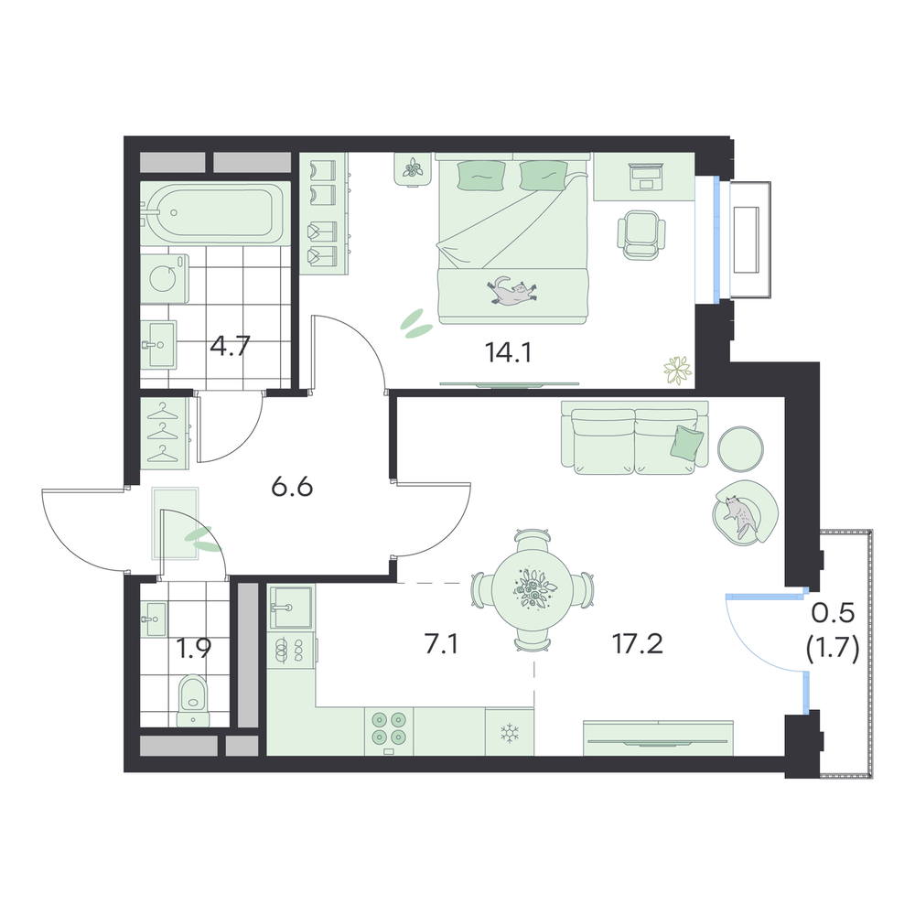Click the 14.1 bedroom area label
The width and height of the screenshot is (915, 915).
click(x=508, y=352)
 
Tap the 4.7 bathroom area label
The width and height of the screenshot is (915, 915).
click(x=230, y=347)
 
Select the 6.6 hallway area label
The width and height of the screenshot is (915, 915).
click(x=293, y=487)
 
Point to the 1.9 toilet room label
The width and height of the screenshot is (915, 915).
click(x=194, y=649)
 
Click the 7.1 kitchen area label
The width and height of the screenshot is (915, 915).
click(x=441, y=645)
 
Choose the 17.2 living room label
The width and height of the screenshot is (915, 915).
click(x=637, y=645)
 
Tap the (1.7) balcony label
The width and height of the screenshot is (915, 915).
click(x=833, y=649)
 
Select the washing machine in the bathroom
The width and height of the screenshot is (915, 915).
click(x=165, y=278)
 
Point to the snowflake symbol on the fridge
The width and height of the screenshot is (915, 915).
click(x=510, y=733)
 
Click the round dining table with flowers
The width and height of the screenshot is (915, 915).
click(x=533, y=589)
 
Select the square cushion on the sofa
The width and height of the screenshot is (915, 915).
click(x=687, y=440)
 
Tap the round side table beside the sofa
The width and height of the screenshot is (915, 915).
click(x=740, y=448)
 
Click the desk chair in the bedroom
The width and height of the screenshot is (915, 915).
click(x=642, y=234)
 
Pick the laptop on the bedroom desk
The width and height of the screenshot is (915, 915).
click(x=645, y=177)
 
